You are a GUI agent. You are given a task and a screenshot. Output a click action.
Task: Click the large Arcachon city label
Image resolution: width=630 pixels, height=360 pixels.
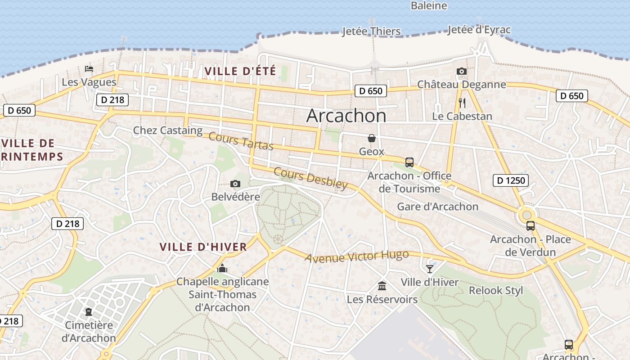(x=346, y=116)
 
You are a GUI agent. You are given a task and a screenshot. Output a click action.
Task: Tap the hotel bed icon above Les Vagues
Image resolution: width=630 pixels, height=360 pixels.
(x=89, y=69)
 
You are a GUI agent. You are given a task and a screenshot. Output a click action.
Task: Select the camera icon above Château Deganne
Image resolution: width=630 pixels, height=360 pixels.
(x=461, y=71)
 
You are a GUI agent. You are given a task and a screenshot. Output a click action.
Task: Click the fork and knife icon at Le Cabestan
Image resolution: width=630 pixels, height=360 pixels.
(x=462, y=103)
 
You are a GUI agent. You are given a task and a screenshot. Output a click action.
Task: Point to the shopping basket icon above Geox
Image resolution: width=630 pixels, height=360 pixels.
(x=372, y=138)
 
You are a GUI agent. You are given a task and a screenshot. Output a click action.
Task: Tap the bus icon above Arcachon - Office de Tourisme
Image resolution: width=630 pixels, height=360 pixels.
(x=409, y=162)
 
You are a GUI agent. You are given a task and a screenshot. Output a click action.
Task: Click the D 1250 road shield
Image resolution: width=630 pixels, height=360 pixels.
(x=510, y=180)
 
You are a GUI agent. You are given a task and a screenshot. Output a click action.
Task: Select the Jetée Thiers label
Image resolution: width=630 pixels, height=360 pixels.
(x=371, y=31)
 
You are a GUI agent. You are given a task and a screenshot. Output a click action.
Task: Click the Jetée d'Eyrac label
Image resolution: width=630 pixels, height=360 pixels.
(x=479, y=30)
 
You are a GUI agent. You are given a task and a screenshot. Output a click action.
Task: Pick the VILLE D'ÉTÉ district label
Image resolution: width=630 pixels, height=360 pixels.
(x=240, y=71)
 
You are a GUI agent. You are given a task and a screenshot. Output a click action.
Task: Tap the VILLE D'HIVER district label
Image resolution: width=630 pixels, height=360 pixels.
(x=203, y=247)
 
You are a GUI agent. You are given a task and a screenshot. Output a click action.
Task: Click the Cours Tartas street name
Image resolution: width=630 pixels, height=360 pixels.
(x=241, y=141)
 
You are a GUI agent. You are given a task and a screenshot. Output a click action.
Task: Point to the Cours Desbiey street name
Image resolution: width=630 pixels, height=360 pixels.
(x=310, y=179)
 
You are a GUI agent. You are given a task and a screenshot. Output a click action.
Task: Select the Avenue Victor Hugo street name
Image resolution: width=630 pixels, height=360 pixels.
(x=356, y=256)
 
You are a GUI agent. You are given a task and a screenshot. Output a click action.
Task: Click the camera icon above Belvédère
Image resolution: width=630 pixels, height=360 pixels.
(x=235, y=184)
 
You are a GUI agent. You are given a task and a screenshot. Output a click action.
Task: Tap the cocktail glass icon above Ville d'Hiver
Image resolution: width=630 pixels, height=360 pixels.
(x=429, y=269)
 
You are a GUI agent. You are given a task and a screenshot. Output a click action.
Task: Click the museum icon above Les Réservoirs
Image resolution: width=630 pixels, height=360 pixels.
(x=382, y=286)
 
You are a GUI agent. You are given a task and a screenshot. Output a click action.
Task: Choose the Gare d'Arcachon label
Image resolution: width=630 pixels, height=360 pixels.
(x=437, y=207)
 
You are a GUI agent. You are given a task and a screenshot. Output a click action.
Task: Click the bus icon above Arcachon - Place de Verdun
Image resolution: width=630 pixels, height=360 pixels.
(x=530, y=226)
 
